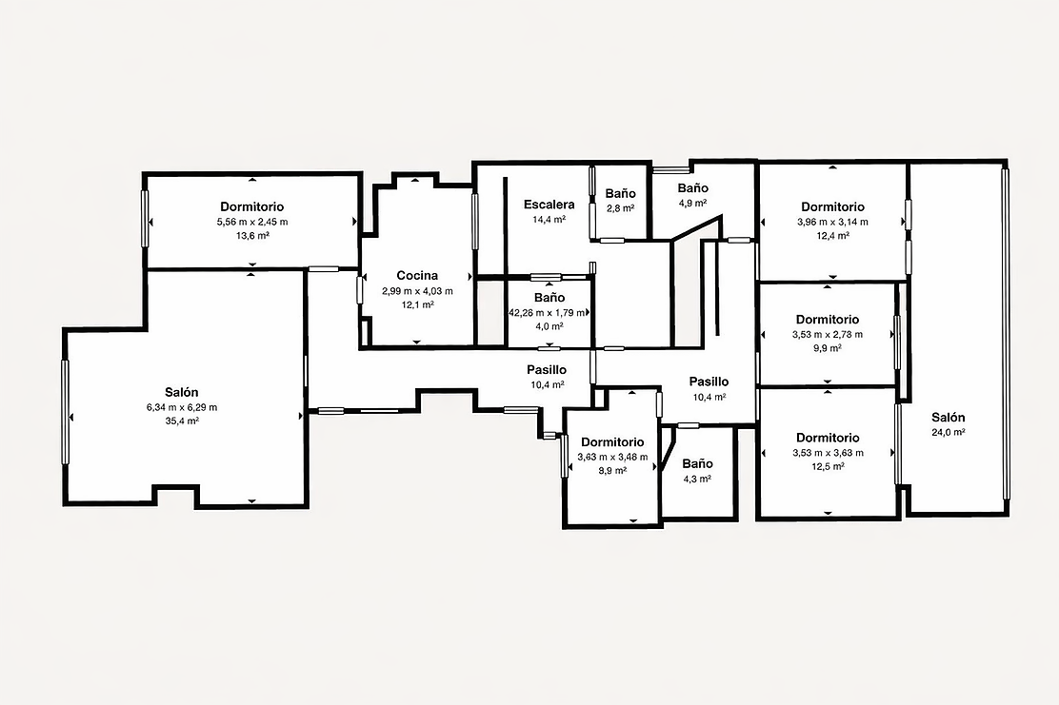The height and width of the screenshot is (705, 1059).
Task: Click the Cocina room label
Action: coord(417,275)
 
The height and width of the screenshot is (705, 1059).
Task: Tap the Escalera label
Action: coord(549,205)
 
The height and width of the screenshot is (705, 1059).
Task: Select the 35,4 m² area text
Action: coord(182,421)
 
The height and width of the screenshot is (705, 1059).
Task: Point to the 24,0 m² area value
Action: coord(949,433)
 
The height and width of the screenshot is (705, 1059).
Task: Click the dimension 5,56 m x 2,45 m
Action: coord(252,222)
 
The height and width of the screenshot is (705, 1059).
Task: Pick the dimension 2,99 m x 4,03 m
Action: coord(417,291)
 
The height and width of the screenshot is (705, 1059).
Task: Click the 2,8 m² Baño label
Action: coord(620,194)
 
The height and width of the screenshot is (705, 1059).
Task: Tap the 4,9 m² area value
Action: coord(692,203)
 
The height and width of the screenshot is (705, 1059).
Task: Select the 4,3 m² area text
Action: coord(697,479)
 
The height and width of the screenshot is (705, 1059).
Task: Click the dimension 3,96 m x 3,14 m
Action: coord(832,222)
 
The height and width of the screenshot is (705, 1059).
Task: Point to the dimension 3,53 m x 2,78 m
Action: coord(828,334)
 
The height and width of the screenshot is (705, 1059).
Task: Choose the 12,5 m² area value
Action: coord(828,466)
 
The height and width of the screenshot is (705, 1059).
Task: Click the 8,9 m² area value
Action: coord(612,470)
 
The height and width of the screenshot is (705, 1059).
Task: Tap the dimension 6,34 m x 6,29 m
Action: coord(182,407)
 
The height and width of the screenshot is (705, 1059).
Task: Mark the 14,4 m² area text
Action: coord(549,219)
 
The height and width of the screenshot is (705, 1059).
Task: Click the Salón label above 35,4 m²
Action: coord(182,392)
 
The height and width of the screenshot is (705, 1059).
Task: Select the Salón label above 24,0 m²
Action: coord(949,417)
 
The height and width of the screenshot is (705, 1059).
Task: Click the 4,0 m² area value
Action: coord(549,326)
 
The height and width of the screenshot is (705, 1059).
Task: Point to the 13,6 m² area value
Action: coord(252,235)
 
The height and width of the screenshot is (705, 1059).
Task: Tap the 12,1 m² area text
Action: coord(417,305)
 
